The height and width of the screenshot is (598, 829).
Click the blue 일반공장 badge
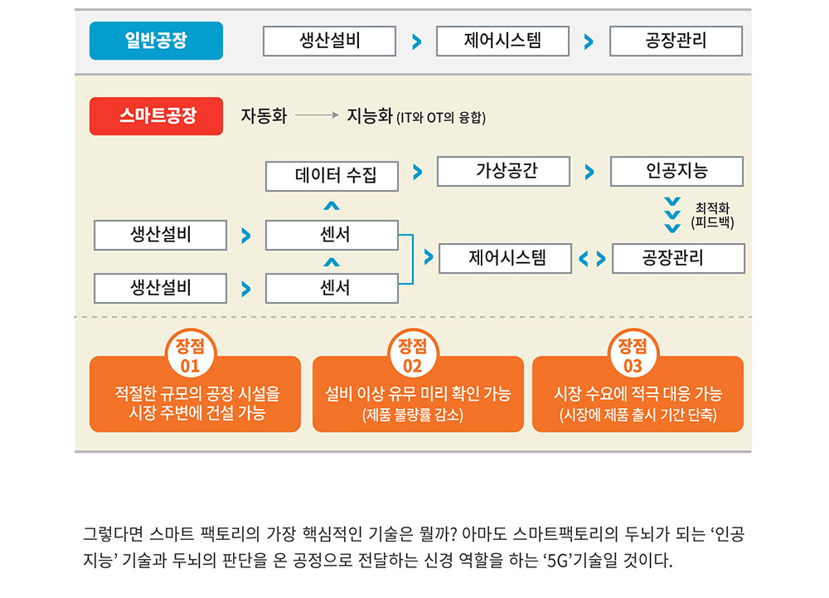[156, 41]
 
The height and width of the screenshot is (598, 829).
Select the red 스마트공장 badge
[156, 116]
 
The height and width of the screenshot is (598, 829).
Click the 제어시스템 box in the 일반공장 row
[502, 41]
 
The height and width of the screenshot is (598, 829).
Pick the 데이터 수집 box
[332, 175]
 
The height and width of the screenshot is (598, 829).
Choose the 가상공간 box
[504, 171]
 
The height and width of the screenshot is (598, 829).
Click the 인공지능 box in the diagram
[676, 171]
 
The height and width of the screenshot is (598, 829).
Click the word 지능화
[369, 116]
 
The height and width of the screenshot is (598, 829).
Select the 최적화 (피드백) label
[712, 216]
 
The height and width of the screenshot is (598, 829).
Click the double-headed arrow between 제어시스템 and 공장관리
[592, 259]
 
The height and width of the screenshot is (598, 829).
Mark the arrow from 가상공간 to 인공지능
[589, 173]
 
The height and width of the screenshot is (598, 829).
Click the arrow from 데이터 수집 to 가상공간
[417, 173]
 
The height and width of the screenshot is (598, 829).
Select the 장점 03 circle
[633, 355]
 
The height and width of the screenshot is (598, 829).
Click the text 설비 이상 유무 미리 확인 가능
[418, 394]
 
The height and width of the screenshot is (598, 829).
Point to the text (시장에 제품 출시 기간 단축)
[638, 415]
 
